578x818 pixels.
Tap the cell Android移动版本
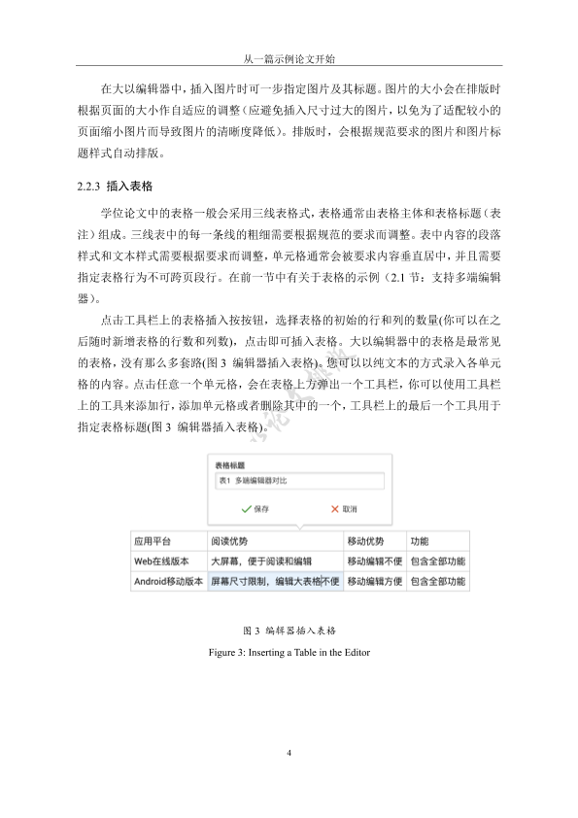[167, 582]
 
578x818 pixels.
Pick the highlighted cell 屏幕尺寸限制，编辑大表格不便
[274, 582]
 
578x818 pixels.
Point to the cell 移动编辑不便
[373, 562]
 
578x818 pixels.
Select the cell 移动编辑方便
[373, 582]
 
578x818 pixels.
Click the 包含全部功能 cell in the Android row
[437, 582]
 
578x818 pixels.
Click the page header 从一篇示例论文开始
[289, 57]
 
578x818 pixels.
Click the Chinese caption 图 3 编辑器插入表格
[289, 631]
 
